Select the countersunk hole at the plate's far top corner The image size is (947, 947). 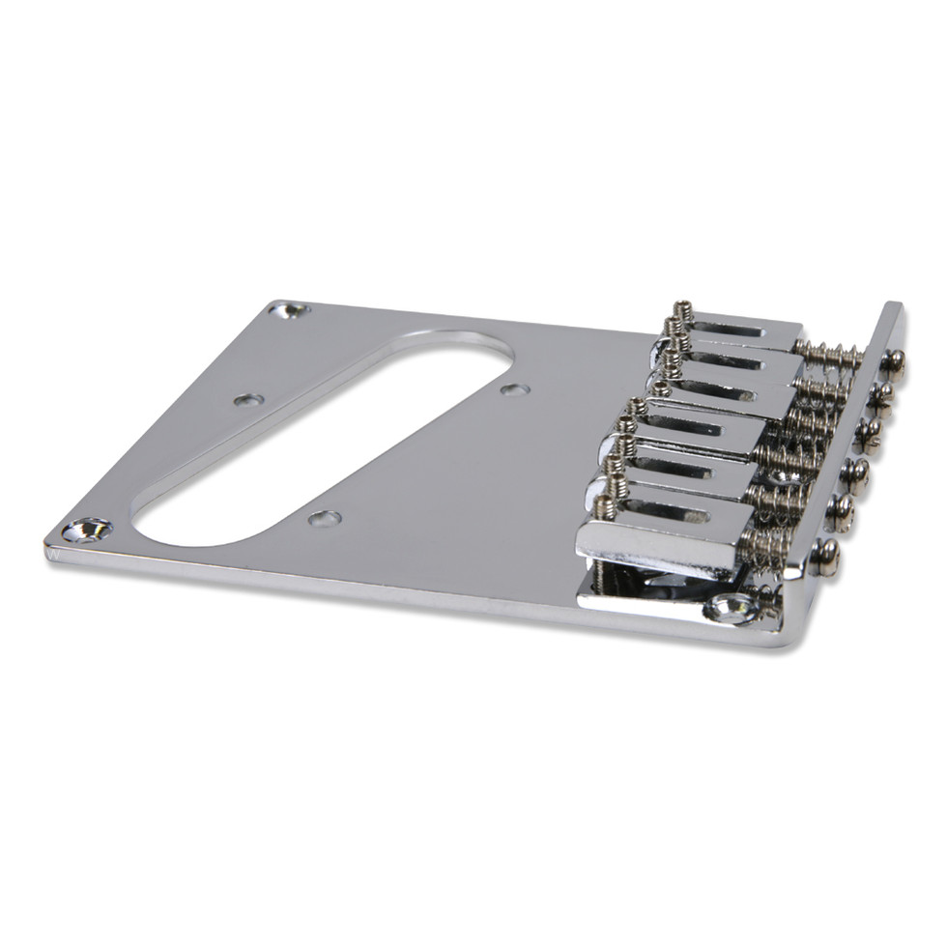pos(288,311)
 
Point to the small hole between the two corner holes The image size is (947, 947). pos(248,399)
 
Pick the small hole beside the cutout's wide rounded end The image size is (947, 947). pos(514,390)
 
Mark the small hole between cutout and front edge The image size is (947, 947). pos(325,519)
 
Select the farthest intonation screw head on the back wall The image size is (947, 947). pos(894,362)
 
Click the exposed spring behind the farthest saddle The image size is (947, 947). pos(829,356)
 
